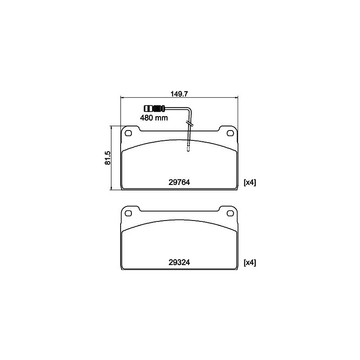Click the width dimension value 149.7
179,94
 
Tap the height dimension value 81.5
108,158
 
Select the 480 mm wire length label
154,118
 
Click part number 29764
179,182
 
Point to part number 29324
179,262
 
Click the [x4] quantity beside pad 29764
250,182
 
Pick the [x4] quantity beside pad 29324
250,262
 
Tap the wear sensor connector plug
154,108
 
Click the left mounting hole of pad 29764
128,133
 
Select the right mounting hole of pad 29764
230,133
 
